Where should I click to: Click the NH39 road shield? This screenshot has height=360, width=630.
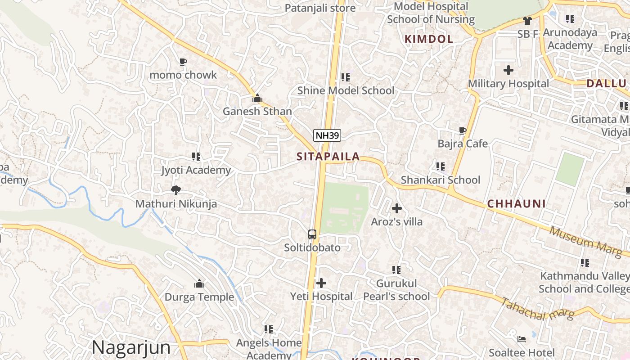tap(327, 135)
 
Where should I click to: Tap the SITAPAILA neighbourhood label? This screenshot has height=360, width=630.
tap(328, 157)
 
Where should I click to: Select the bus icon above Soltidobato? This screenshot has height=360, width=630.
tap(312, 234)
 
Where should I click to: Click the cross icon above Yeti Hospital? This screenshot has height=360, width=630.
tap(321, 283)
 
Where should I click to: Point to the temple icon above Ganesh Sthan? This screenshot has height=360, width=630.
tap(257, 98)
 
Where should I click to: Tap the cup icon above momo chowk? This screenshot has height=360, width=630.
tap(183, 62)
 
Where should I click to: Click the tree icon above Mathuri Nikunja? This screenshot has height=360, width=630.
tap(176, 190)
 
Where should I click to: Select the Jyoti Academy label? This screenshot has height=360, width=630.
tap(196, 170)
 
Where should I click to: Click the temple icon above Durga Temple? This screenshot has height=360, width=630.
tap(199, 283)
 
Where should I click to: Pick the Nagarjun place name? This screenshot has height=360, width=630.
tap(131, 347)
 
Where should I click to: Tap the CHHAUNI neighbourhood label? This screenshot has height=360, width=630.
tap(517, 204)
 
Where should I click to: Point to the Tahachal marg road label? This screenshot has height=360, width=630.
tap(537, 309)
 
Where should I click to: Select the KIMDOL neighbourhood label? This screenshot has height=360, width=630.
tap(429, 39)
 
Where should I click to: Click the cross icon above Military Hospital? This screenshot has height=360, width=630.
tap(508, 70)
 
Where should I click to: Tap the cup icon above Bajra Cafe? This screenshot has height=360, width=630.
tap(462, 130)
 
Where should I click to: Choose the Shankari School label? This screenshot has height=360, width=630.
tap(441, 180)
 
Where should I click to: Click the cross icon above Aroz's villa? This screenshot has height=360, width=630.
tap(397, 208)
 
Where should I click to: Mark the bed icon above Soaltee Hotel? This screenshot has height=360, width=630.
tap(522, 338)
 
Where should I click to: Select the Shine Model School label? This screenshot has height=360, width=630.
tap(346, 90)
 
